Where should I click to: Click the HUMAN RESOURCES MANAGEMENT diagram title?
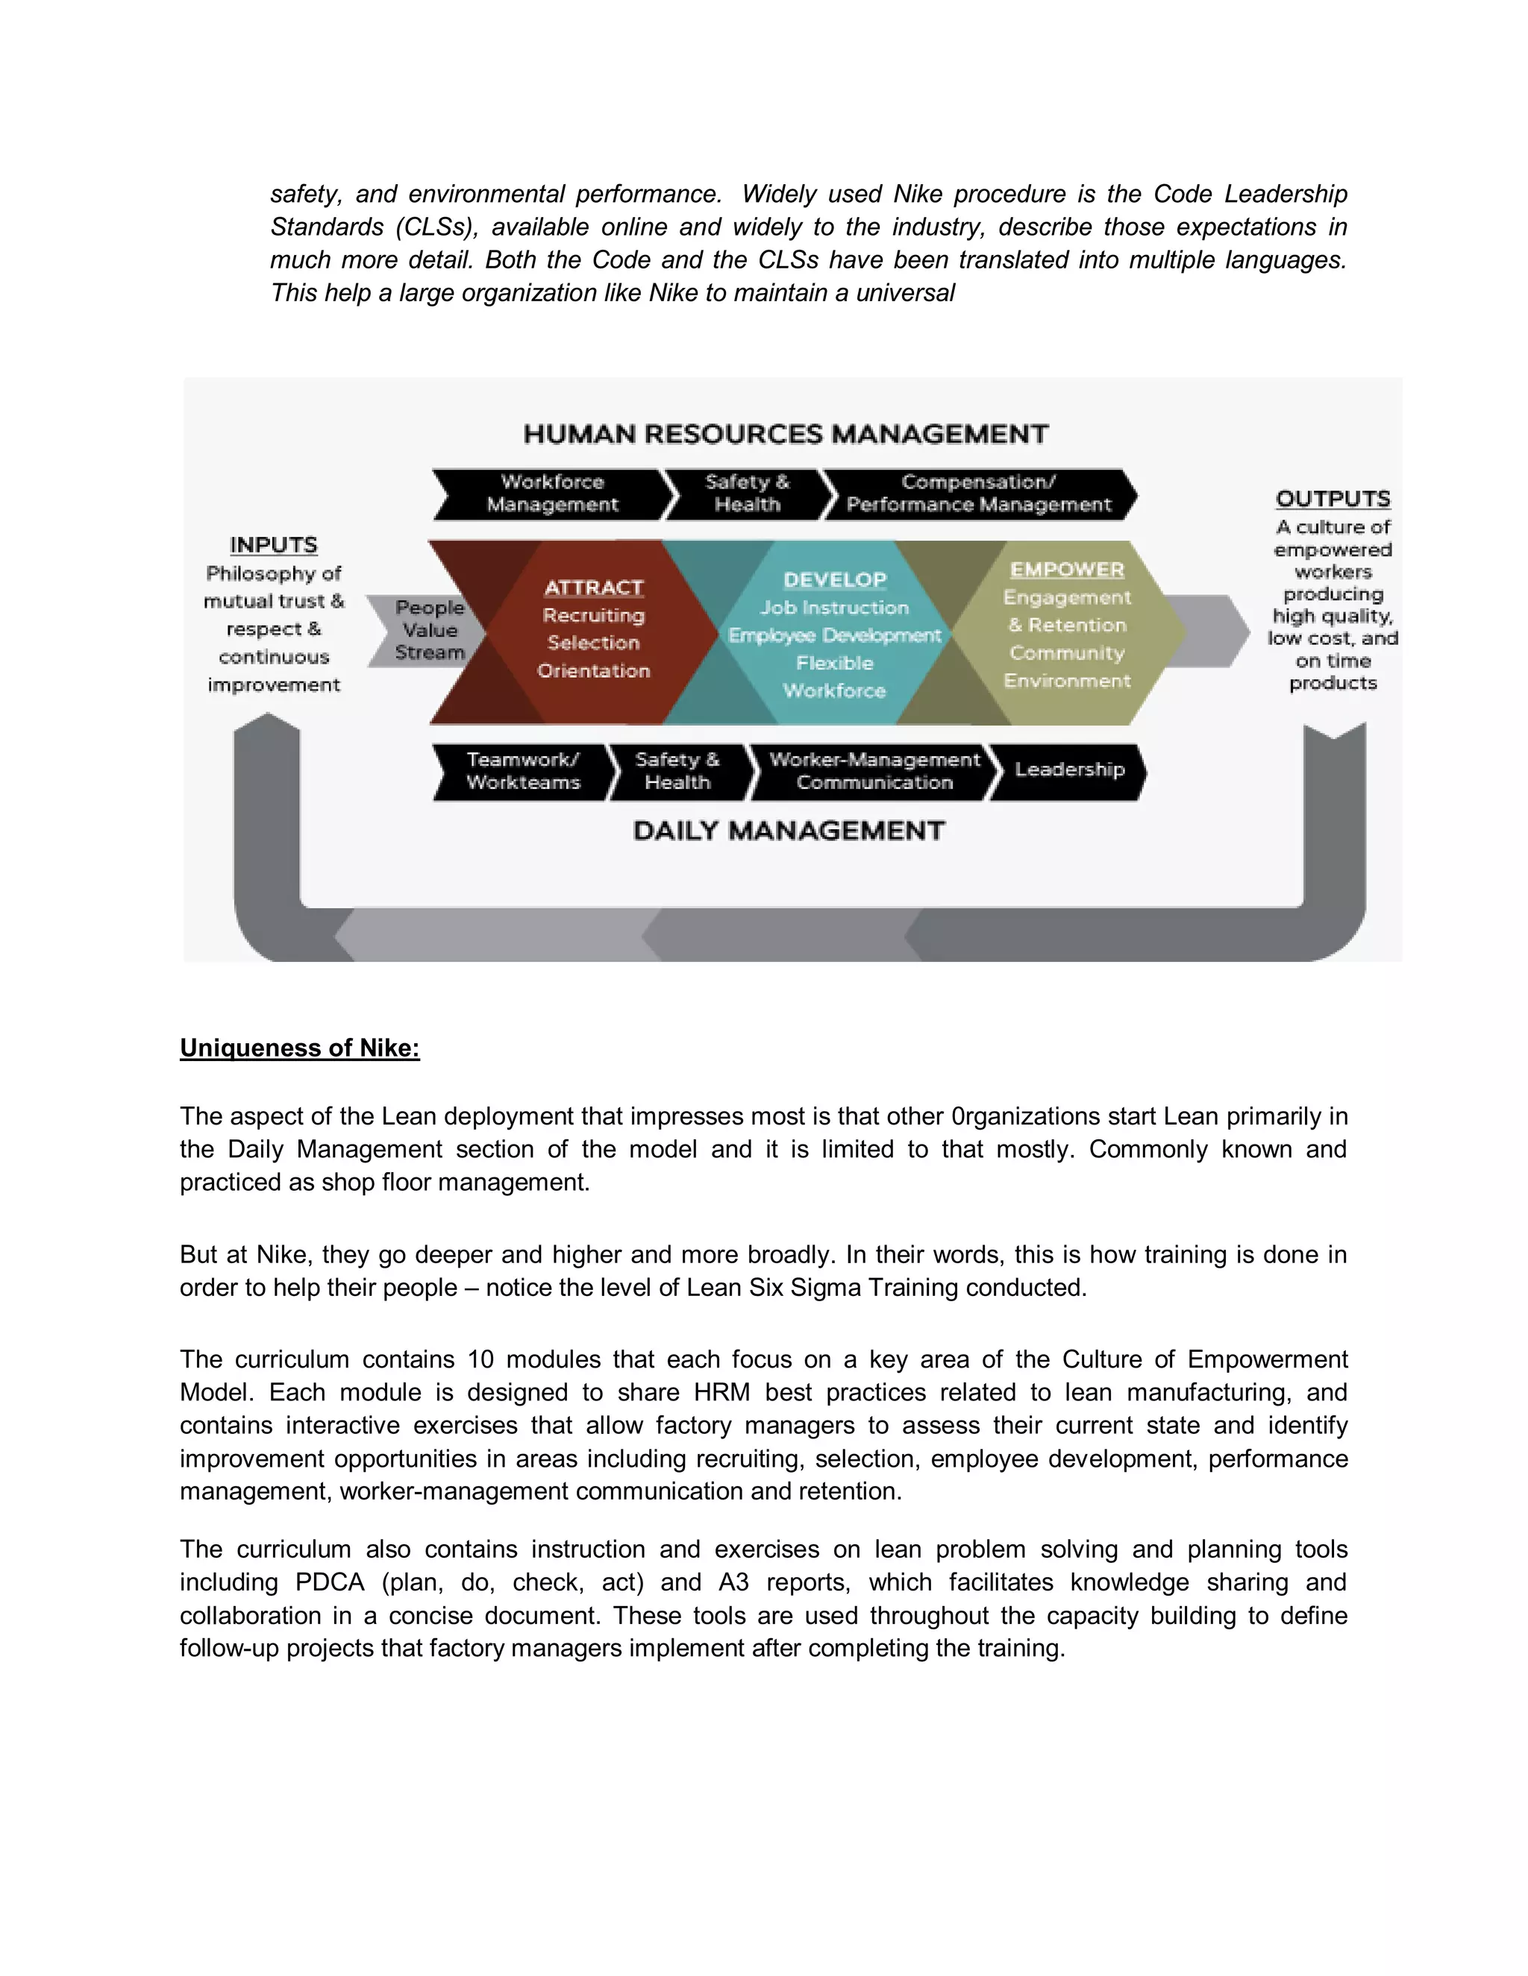786,434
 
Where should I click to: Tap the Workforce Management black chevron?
552,494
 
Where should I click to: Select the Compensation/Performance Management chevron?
979,494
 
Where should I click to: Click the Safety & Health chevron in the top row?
747,494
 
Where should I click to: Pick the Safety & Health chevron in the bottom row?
677,772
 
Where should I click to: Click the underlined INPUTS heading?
273,544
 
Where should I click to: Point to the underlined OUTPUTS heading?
1333,499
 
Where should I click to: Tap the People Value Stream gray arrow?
428,631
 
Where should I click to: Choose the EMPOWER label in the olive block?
1067,569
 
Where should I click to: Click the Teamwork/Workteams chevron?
522,772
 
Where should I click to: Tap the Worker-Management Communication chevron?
874,772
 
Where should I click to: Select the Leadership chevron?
1069,770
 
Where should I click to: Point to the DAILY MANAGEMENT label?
789,831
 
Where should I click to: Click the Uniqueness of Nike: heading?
300,1048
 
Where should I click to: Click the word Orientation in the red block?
594,670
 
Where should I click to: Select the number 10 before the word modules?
480,1360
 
